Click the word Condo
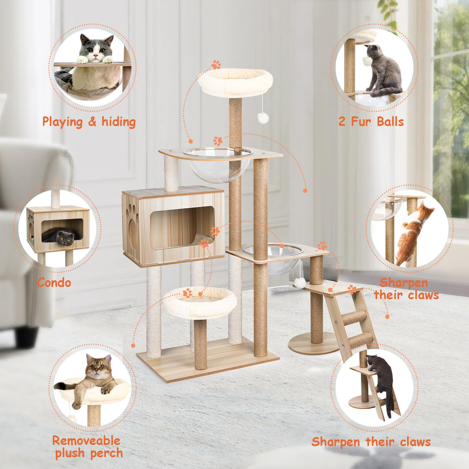pos(54,283)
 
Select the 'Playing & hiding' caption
pos(89,122)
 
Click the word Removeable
pos(86,441)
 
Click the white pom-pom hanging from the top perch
pos(263,118)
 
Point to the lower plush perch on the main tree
pos(199,302)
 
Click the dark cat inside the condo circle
pos(61,236)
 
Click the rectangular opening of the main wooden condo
pos(182,227)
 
